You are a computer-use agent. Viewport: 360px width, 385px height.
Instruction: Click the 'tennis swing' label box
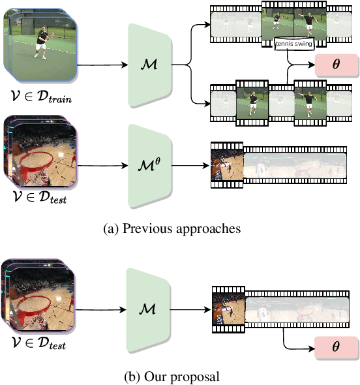(x=294, y=44)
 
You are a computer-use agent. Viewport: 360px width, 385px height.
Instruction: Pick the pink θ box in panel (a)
(x=337, y=66)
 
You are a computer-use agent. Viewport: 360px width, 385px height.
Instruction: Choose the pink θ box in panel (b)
(x=337, y=348)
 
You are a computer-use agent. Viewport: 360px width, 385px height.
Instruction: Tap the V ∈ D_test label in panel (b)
(x=39, y=343)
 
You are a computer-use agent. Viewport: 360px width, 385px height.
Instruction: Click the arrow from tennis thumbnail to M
(x=101, y=65)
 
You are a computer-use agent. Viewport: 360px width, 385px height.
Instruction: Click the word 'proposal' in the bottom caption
(x=199, y=377)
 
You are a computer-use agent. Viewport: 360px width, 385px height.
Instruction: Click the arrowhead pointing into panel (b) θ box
(x=312, y=348)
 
